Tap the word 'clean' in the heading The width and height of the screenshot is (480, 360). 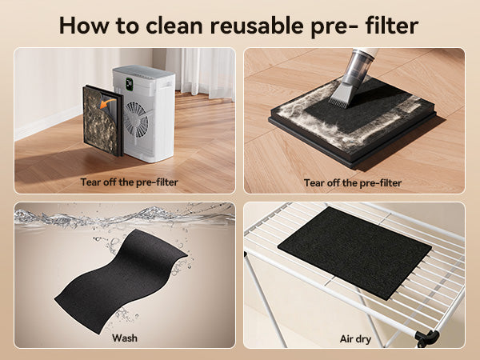(x=174, y=26)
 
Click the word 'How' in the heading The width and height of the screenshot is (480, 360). (x=84, y=26)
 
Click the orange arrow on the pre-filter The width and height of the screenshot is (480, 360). (x=107, y=102)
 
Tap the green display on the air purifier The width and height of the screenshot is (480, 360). (x=129, y=84)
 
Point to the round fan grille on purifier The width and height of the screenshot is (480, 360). (x=136, y=120)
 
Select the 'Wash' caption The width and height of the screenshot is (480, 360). (x=125, y=338)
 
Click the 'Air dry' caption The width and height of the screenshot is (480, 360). (x=355, y=339)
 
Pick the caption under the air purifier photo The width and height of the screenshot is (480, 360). (x=129, y=182)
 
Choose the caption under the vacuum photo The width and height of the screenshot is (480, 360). (x=353, y=182)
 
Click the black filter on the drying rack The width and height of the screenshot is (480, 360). (x=354, y=253)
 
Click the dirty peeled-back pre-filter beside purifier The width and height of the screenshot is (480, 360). (x=101, y=121)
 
